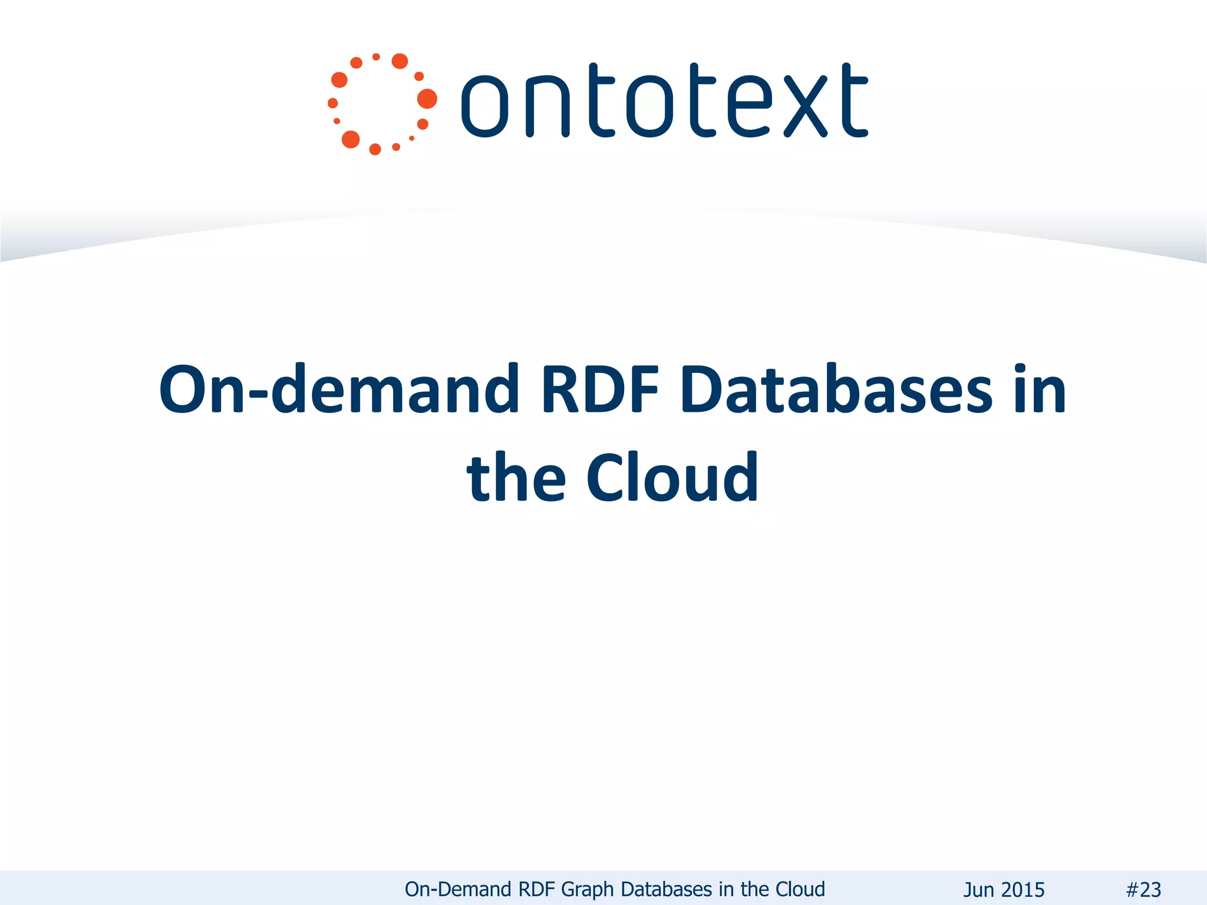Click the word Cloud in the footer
pyautogui.click(x=800, y=889)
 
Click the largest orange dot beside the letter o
pyautogui.click(x=427, y=99)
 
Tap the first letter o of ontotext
pyautogui.click(x=484, y=107)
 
